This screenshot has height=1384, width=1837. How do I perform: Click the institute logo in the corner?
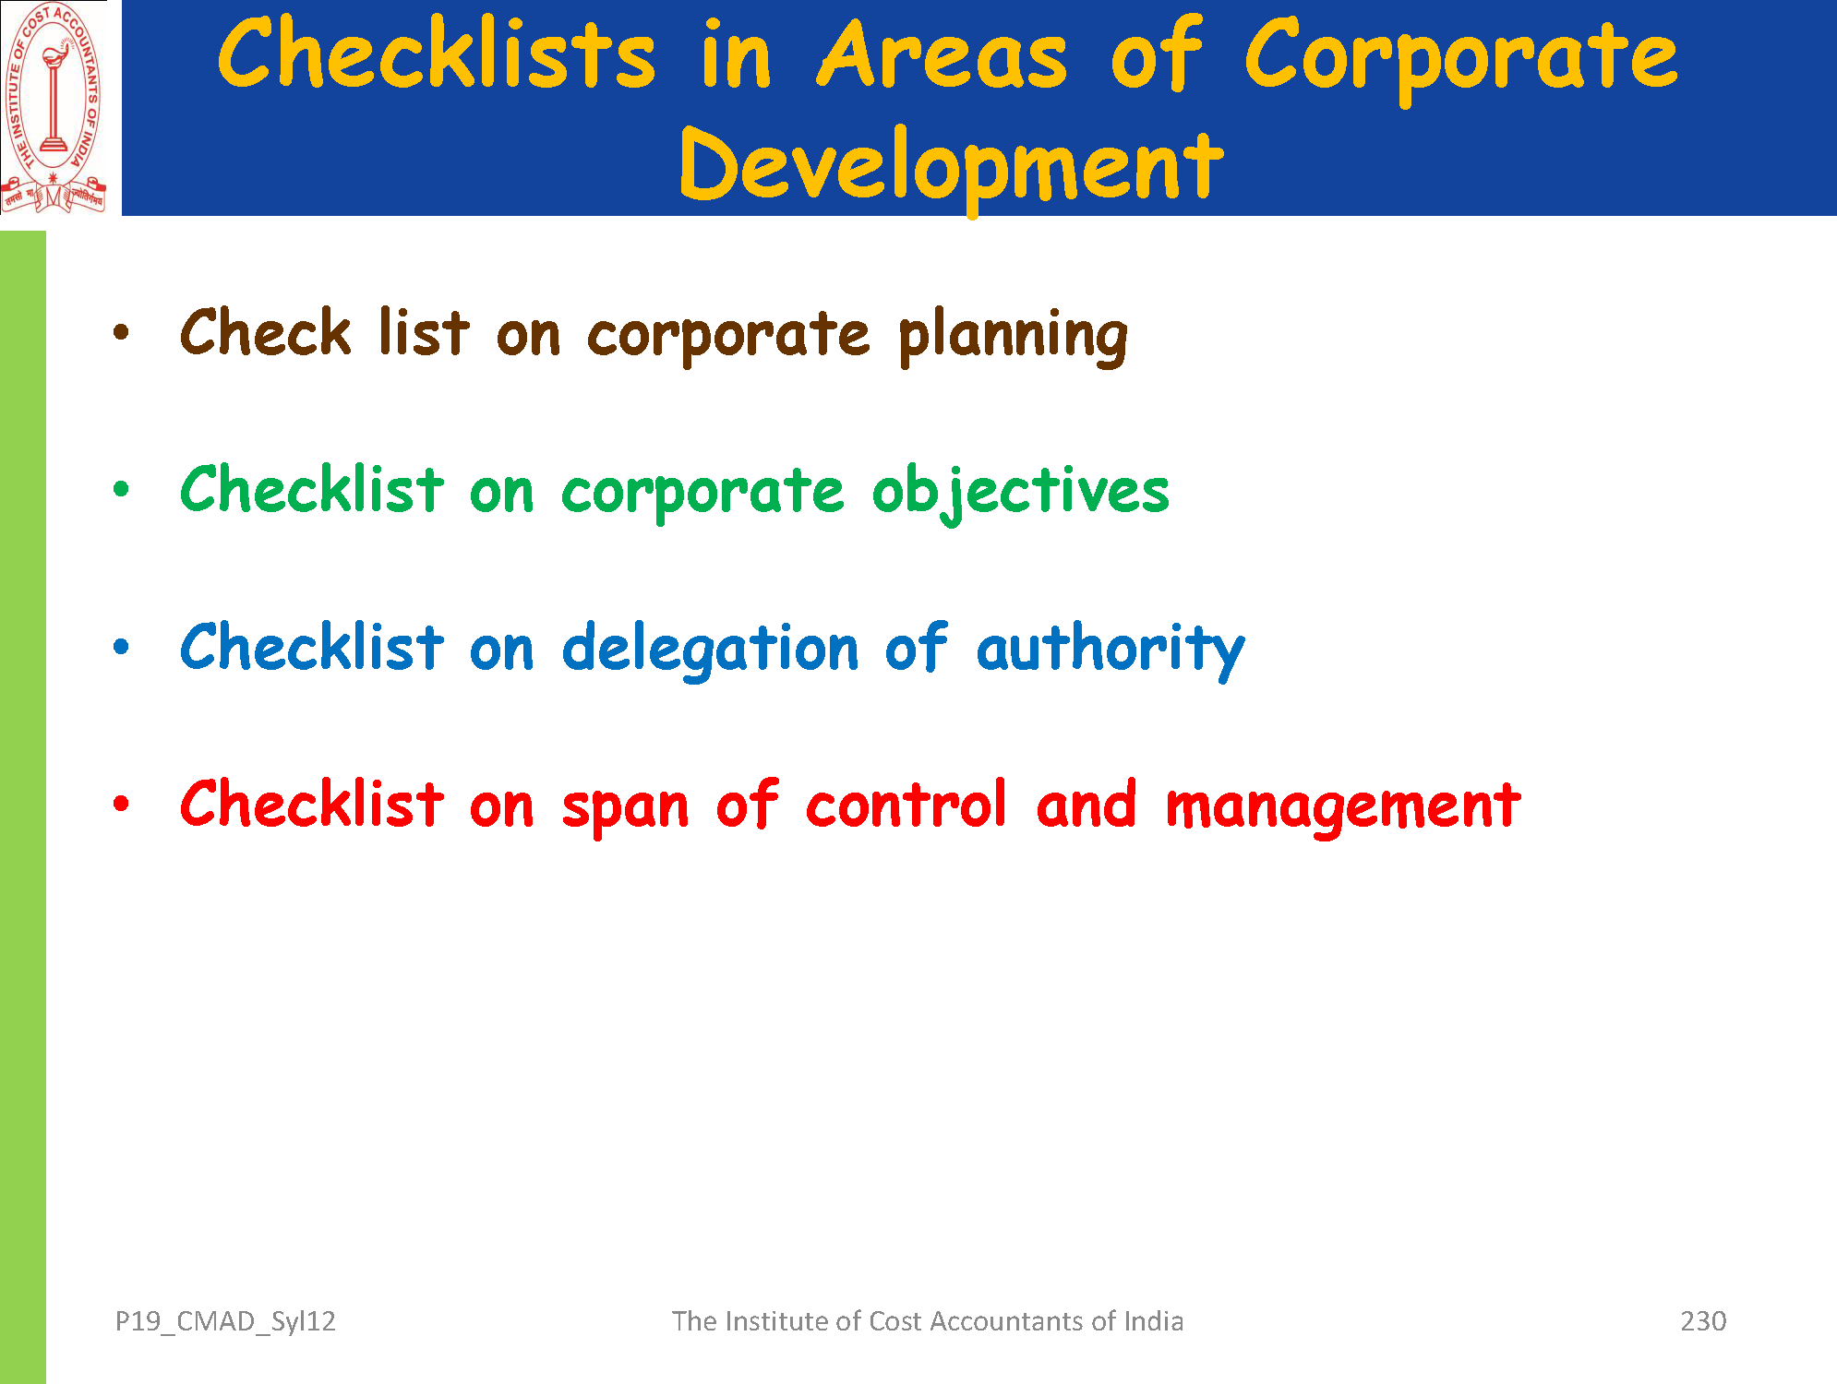click(x=54, y=108)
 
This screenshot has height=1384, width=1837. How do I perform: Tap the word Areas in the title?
click(x=942, y=55)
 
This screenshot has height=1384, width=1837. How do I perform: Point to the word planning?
click(x=1013, y=337)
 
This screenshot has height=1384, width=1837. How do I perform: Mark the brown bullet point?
click(x=121, y=332)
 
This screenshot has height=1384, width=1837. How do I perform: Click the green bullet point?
click(x=121, y=489)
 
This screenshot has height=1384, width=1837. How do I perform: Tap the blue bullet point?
click(x=121, y=646)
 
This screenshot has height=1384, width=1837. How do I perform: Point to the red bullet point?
click(x=121, y=804)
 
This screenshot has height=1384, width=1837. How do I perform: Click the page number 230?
click(x=1703, y=1321)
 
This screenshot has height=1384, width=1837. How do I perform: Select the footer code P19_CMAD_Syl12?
click(x=225, y=1322)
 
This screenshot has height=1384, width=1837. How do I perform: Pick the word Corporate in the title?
click(x=1460, y=58)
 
